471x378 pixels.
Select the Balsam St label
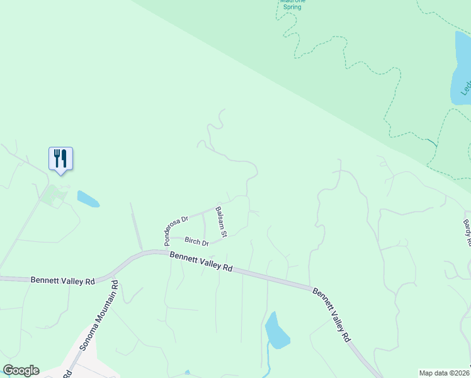(x=220, y=222)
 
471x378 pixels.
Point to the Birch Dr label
(x=196, y=241)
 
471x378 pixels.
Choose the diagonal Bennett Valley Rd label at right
(x=331, y=315)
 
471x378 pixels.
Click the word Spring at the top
(x=292, y=7)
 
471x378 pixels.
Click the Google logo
(x=21, y=370)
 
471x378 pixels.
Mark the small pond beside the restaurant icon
(x=88, y=199)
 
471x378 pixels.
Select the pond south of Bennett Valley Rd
(x=276, y=331)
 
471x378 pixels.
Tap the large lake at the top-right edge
(x=460, y=69)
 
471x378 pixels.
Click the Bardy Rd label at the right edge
(x=467, y=232)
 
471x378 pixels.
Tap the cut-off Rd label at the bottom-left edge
(x=66, y=373)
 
